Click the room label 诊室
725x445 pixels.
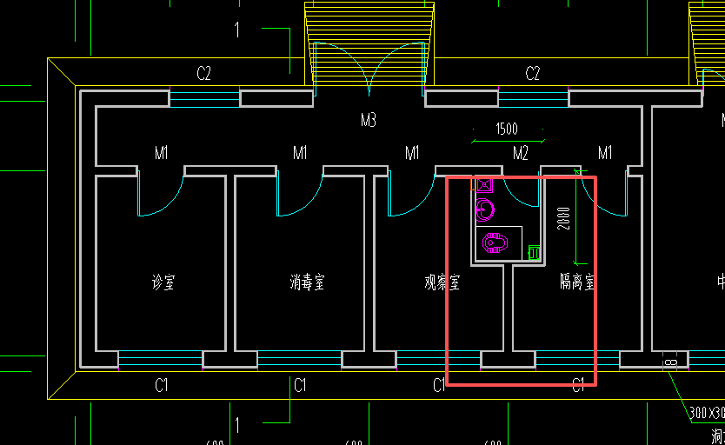point(163,282)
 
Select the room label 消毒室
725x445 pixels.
point(307,282)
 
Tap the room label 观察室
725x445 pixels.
point(442,282)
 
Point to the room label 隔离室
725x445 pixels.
point(576,282)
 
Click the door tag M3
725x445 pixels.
point(369,120)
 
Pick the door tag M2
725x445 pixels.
point(521,154)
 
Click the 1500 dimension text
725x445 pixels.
point(507,129)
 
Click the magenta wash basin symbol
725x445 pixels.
point(485,209)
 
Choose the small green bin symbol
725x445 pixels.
point(535,252)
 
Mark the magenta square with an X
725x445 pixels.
point(484,184)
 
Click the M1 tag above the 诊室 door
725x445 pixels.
point(162,154)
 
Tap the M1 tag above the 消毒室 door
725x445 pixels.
point(300,154)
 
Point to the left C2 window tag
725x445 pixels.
point(203,75)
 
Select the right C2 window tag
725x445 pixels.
point(533,75)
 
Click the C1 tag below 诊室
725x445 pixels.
point(162,385)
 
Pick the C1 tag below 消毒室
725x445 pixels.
point(300,385)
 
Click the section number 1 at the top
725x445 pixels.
point(236,30)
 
